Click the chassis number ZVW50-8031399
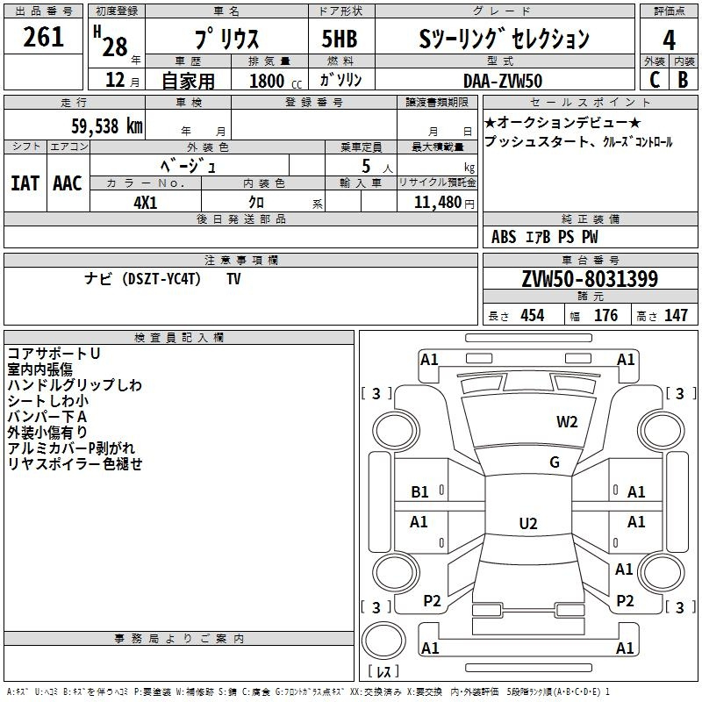tap(589, 280)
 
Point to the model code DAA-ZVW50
tap(502, 80)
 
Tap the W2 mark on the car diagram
tap(567, 422)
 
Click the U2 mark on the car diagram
tap(527, 524)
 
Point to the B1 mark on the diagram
tap(420, 492)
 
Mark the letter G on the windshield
tap(555, 462)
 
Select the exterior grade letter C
tap(655, 80)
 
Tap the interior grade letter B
tap(683, 80)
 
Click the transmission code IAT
tap(25, 183)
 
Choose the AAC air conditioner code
tap(68, 183)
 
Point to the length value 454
tap(532, 315)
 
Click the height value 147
tap(675, 315)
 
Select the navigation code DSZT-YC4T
tap(162, 279)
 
